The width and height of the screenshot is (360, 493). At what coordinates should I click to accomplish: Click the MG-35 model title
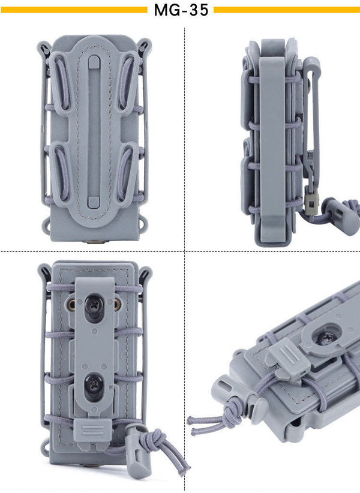point(181,10)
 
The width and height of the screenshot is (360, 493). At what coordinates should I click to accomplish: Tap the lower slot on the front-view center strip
point(94,202)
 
